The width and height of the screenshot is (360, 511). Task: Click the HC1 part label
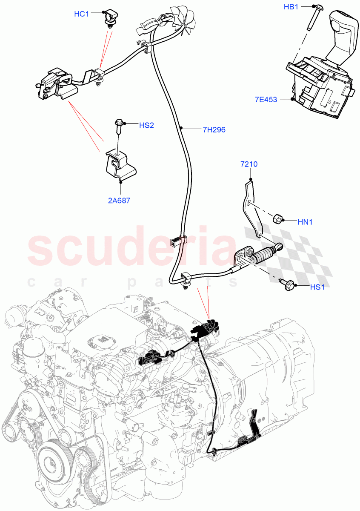81,14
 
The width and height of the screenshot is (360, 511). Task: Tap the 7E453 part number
266,100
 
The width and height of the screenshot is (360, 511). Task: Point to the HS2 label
146,125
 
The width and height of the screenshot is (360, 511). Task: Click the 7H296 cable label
214,130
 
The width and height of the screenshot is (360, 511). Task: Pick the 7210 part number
249,164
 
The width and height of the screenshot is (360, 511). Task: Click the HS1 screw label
317,287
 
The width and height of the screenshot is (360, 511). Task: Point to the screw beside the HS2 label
119,126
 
